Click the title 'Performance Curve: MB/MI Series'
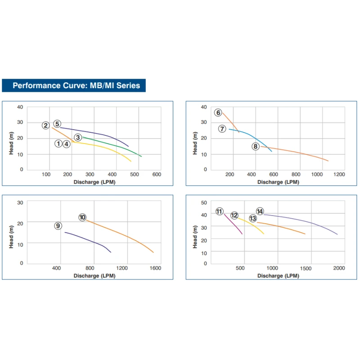click(76, 85)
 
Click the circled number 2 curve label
click(46, 126)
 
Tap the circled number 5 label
click(57, 124)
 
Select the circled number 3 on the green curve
click(78, 137)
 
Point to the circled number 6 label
click(218, 112)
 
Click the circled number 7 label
click(222, 129)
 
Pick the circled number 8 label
click(256, 146)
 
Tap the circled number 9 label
click(58, 226)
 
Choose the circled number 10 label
click(82, 217)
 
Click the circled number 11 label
click(219, 211)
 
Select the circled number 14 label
click(260, 211)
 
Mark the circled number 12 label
click(234, 216)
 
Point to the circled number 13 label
click(253, 218)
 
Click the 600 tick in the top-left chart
click(157, 175)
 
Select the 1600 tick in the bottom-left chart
click(155, 269)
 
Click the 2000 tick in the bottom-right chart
click(339, 268)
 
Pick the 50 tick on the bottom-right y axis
click(204, 202)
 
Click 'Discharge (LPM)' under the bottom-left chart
click(94, 276)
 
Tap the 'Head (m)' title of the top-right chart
click(195, 143)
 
